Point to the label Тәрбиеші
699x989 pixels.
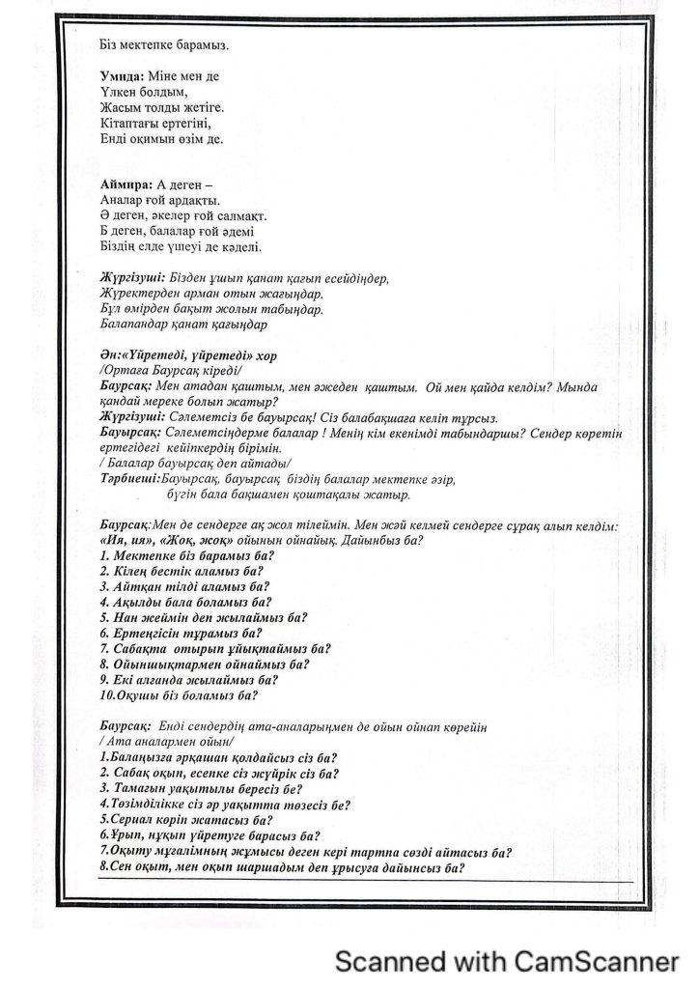(130, 479)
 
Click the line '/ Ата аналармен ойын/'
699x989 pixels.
(160, 741)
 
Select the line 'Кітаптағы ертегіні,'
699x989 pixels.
(154, 123)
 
